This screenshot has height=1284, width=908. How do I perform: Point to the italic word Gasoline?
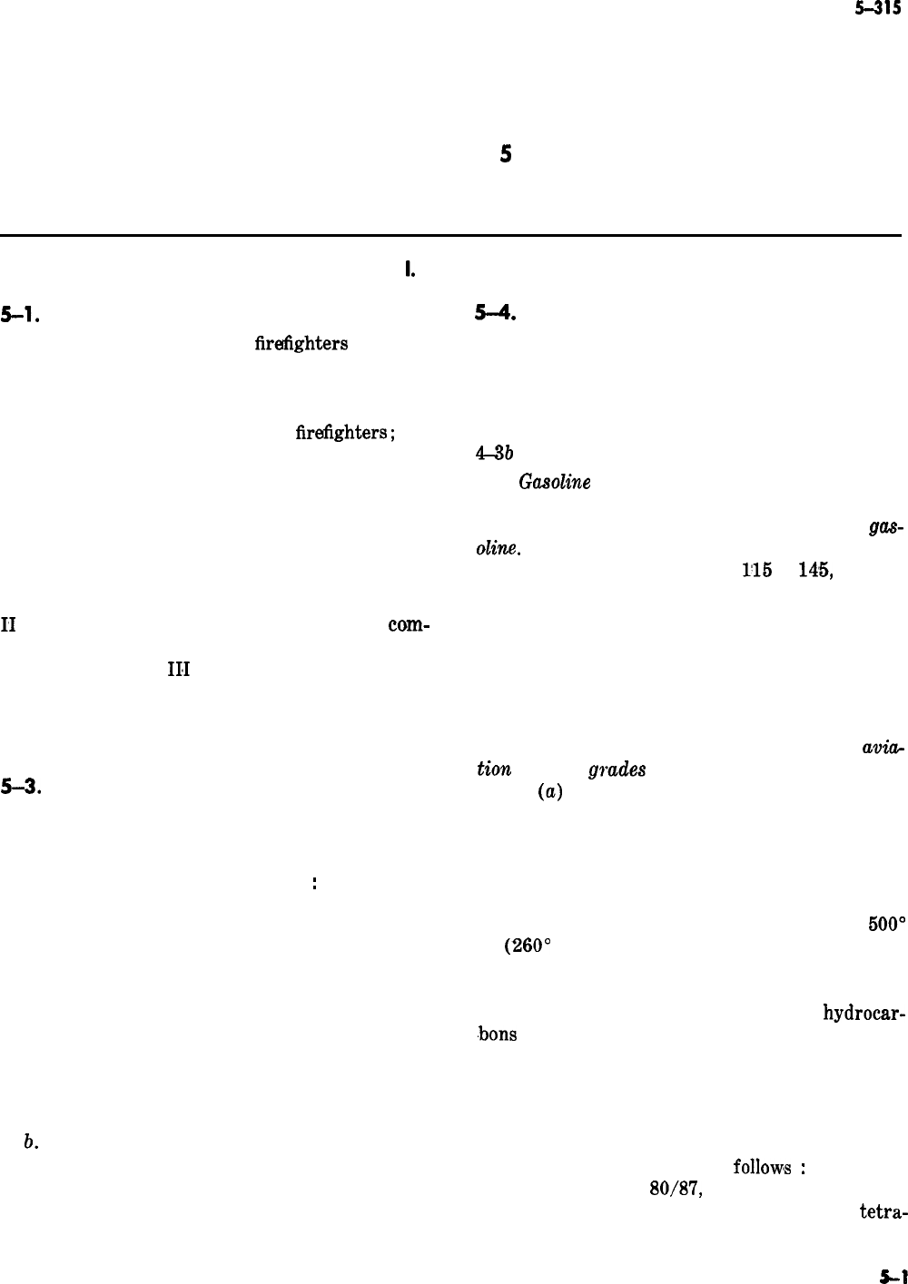pos(555,483)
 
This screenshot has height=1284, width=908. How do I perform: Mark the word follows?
pos(762,1167)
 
